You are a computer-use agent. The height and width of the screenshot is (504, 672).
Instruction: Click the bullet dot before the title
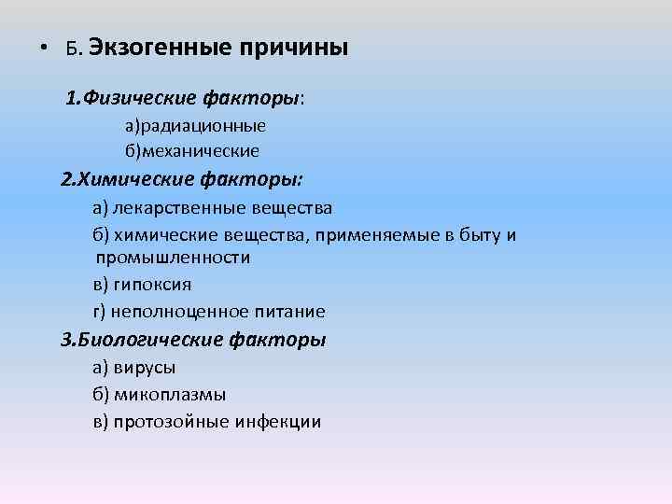(x=43, y=49)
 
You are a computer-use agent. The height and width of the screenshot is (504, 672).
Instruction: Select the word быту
(x=476, y=234)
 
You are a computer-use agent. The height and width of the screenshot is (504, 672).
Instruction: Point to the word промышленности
(x=173, y=257)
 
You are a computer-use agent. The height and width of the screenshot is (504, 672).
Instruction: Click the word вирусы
(x=146, y=368)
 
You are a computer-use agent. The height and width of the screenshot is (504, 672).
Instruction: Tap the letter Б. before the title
(x=74, y=49)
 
